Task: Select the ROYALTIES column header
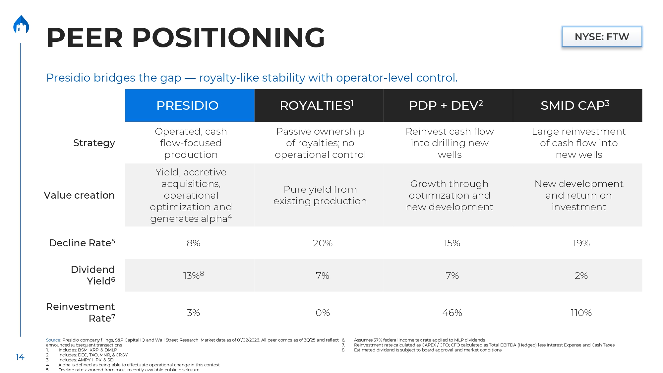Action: (x=317, y=105)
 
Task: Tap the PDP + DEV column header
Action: (x=446, y=105)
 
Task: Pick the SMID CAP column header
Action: (x=575, y=105)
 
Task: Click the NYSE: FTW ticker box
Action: (x=602, y=36)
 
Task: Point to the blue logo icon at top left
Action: (x=21, y=25)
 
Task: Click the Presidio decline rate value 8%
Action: (x=193, y=243)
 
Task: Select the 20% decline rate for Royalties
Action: (x=323, y=243)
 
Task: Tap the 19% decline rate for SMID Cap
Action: (x=581, y=243)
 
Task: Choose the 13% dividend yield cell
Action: (x=193, y=276)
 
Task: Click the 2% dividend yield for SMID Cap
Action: (x=581, y=276)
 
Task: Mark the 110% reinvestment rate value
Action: (x=581, y=313)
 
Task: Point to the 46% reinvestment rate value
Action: (x=452, y=313)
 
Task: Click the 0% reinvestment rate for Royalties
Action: (x=323, y=313)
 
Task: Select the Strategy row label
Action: (x=94, y=143)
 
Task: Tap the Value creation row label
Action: (x=79, y=195)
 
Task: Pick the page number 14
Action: (x=20, y=357)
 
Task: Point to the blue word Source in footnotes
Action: (x=53, y=340)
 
